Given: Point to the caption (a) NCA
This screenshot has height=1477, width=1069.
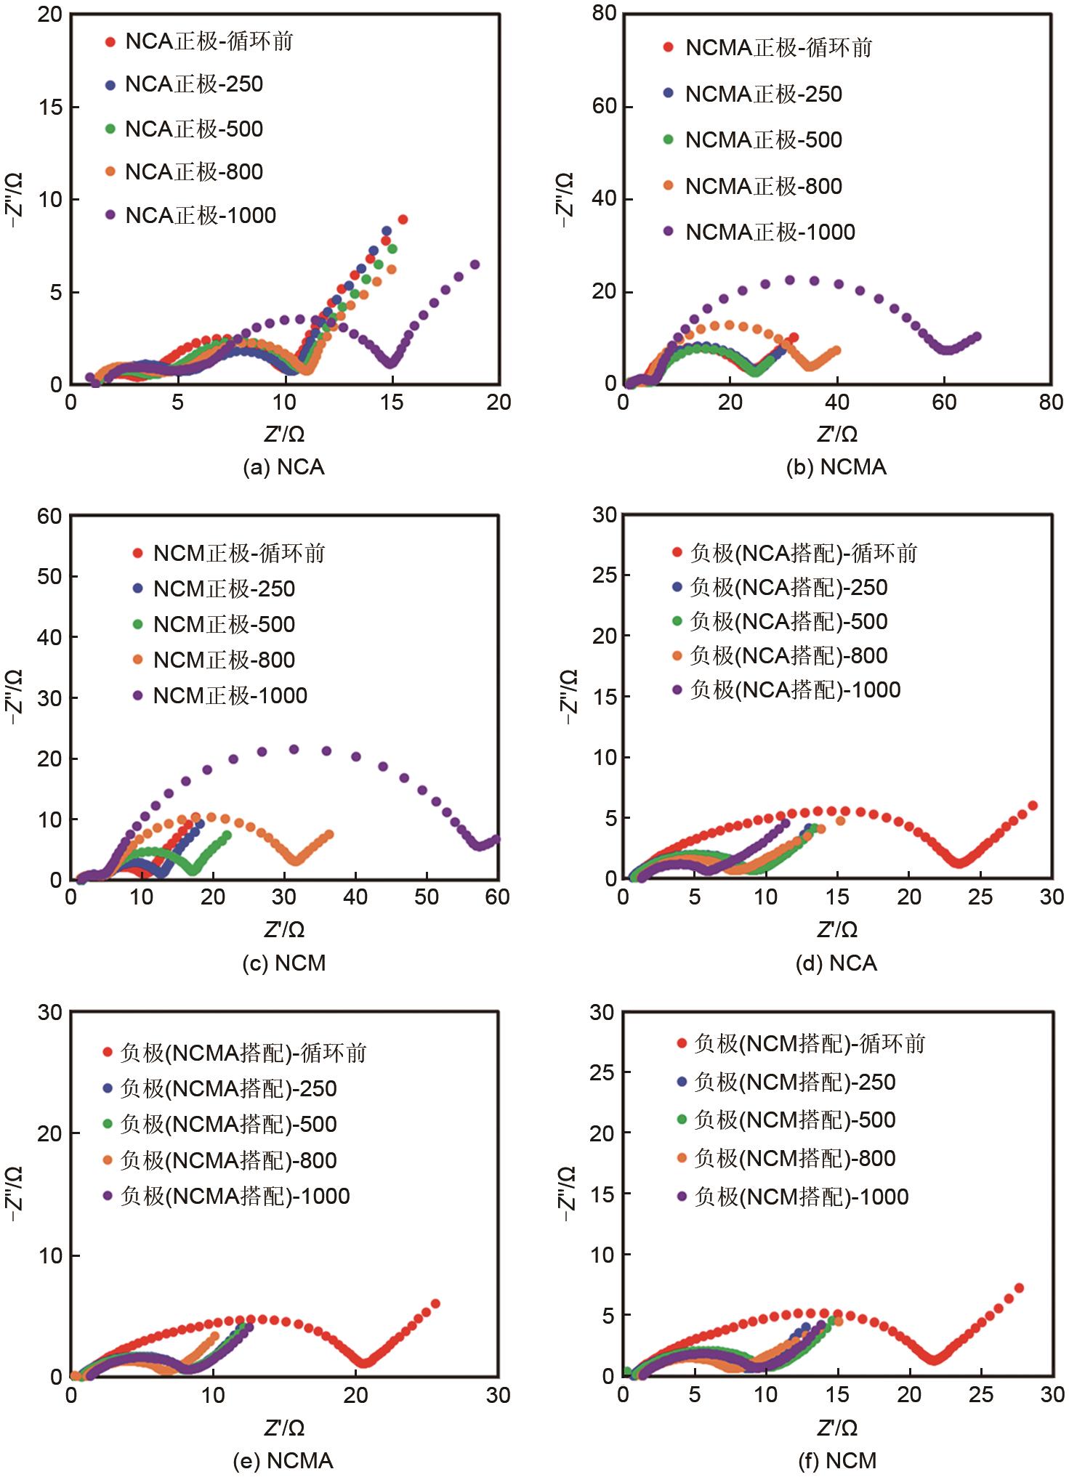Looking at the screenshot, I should (283, 467).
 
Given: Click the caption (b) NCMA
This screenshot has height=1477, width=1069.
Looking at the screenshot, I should (836, 467).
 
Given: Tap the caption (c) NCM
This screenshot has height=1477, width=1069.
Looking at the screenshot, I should (283, 963).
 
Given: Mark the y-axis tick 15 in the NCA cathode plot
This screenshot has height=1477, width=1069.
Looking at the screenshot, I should (51, 107).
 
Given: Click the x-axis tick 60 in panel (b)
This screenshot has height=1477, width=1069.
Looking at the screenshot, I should (944, 402).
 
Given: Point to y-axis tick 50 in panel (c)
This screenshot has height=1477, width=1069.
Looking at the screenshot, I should (50, 576).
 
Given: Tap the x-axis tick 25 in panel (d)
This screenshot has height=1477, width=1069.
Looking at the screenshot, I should (980, 897).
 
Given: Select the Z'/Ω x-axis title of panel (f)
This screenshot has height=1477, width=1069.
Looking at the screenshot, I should (836, 1428).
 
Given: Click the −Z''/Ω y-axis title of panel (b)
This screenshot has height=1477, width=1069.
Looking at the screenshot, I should (565, 199).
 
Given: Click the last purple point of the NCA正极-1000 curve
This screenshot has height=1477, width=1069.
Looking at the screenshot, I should (475, 264).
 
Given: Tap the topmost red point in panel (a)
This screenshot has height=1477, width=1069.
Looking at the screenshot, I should (403, 219).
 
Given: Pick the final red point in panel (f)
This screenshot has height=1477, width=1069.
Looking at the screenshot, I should (1019, 1288).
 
